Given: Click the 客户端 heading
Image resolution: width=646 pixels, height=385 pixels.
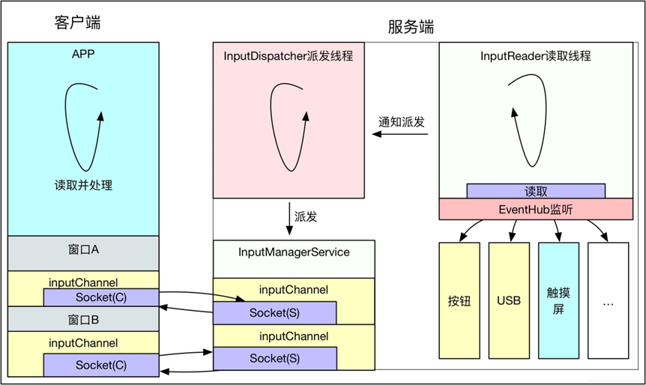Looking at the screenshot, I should point(77,22).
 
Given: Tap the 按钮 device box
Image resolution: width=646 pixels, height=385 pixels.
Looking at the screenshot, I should point(459,300).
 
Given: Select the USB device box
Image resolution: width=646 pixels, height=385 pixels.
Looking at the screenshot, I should point(508,300).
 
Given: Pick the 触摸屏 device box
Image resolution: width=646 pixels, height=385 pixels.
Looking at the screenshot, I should point(558,300).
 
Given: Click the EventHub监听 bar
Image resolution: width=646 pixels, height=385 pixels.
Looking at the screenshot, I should point(535,210).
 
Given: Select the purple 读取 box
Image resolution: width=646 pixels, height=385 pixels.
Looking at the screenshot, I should point(535,191).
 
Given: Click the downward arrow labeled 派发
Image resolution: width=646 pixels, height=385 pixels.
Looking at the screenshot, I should point(290,217).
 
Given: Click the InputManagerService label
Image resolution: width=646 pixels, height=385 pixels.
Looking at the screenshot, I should point(293,252).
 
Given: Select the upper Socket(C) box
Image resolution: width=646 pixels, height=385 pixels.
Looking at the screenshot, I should point(100,297).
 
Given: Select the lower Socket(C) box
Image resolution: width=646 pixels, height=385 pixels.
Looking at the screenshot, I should point(100,365).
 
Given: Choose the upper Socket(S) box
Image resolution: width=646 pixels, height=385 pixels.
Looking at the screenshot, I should point(274,312).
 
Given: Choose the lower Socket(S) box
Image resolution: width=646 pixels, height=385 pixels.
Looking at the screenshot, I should point(274,358).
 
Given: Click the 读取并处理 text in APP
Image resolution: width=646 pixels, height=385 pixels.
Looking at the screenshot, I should point(82,185).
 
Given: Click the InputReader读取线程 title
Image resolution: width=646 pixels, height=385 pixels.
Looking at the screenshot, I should point(535,56).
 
